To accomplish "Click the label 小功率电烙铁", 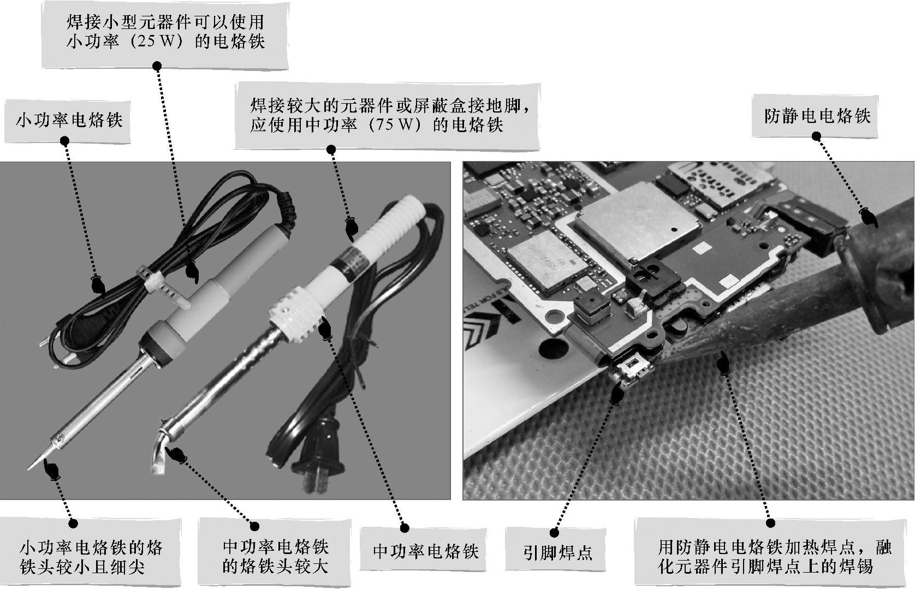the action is pyautogui.click(x=69, y=120).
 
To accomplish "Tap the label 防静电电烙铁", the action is pyautogui.click(x=818, y=116).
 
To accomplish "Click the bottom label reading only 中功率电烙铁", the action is pyautogui.click(x=426, y=551).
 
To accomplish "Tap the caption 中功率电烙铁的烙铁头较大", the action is pyautogui.click(x=275, y=556).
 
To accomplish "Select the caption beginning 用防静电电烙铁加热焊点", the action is pyautogui.click(x=775, y=556).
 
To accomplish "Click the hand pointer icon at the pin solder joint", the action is pyautogui.click(x=617, y=395).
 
